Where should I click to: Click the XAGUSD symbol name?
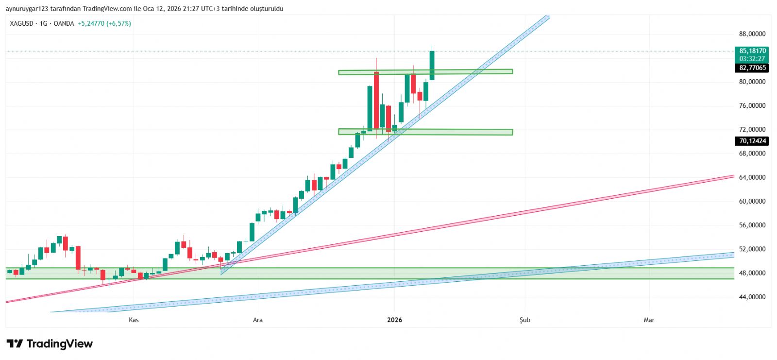[22, 23]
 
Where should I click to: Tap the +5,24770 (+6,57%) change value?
[104, 23]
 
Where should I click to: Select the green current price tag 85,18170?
[752, 51]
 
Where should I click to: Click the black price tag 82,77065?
[752, 68]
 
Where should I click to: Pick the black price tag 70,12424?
[752, 141]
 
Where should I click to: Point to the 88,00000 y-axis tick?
[752, 34]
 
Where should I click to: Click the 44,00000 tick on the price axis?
[752, 297]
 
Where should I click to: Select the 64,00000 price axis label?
[752, 177]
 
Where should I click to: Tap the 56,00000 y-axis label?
[752, 225]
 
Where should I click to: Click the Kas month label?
[134, 320]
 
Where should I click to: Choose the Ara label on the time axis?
[258, 320]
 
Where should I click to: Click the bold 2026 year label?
[394, 320]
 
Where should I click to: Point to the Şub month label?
[524, 320]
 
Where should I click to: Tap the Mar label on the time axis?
[649, 320]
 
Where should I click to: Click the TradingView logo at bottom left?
[50, 344]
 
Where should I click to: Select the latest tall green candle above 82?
[432, 65]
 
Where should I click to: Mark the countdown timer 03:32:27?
[752, 58]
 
